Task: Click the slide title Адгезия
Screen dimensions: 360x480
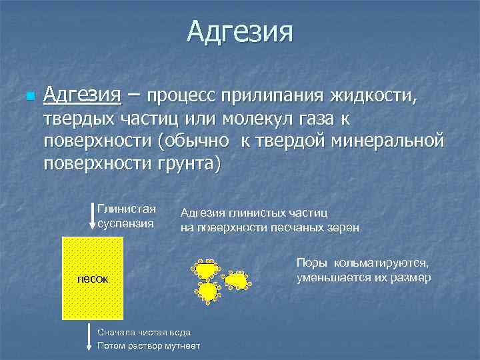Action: pyautogui.click(x=239, y=32)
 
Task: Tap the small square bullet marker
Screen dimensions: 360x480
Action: pyautogui.click(x=28, y=97)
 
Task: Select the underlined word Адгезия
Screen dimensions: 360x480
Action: pyautogui.click(x=82, y=96)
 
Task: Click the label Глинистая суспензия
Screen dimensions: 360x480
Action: pyautogui.click(x=127, y=215)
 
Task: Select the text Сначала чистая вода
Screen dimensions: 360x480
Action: pyautogui.click(x=144, y=331)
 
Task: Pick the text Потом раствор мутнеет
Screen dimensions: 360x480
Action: pyautogui.click(x=148, y=345)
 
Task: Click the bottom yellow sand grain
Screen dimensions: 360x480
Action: pyautogui.click(x=208, y=291)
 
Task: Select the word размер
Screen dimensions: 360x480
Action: pyautogui.click(x=411, y=277)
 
